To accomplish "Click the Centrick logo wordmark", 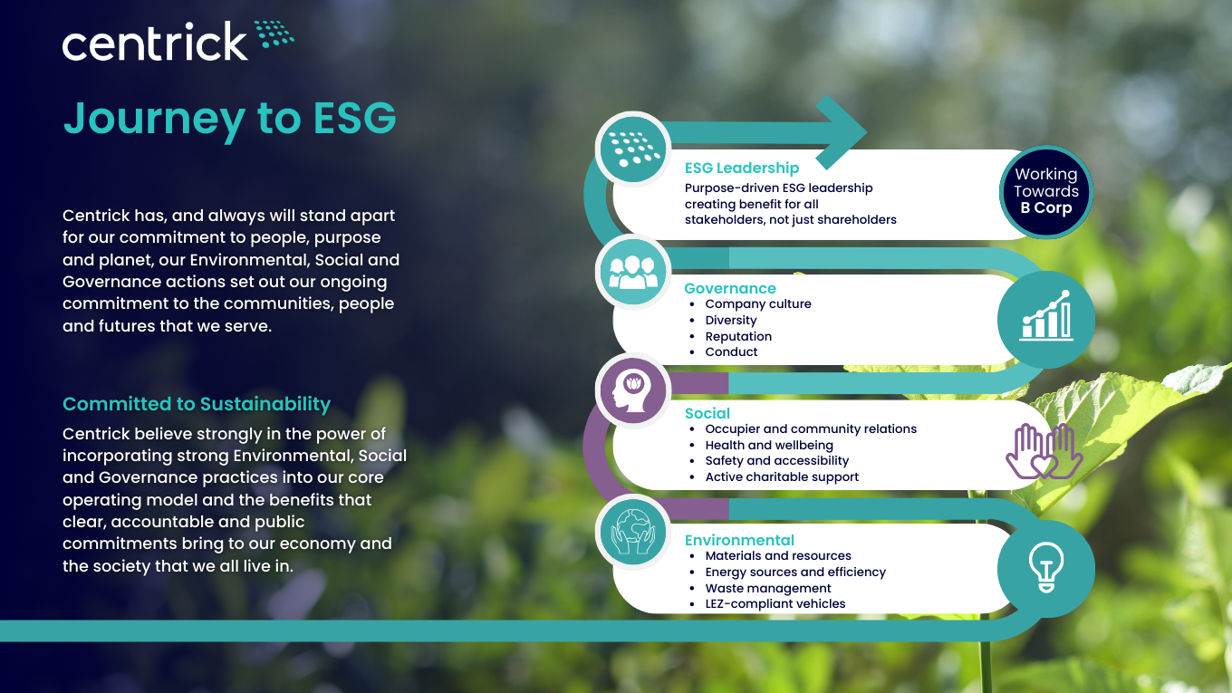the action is click(x=155, y=42).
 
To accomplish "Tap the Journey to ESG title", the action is click(x=230, y=119).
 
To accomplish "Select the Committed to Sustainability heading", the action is click(x=197, y=404).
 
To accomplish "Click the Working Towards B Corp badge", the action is click(x=1046, y=192).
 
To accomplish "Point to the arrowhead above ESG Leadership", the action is click(x=842, y=132).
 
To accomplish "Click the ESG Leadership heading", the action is click(x=741, y=168).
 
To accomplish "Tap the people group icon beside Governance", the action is click(x=633, y=272).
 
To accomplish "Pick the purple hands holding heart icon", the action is click(x=1044, y=451).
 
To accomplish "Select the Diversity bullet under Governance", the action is click(x=730, y=320).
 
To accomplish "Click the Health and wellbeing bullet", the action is click(x=769, y=445).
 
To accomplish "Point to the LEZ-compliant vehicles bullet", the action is click(x=775, y=604).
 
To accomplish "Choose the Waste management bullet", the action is click(x=768, y=588).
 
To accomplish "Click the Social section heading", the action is click(x=707, y=413).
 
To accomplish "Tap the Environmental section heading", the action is click(x=739, y=540).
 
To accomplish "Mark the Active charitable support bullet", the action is click(x=782, y=476).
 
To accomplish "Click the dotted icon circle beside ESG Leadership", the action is click(x=633, y=149).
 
